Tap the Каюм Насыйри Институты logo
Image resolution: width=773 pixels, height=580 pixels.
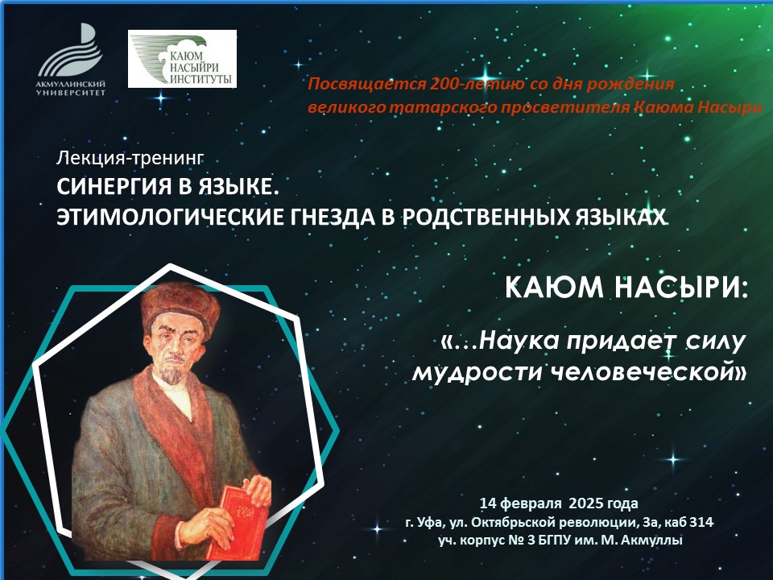(x=183, y=59)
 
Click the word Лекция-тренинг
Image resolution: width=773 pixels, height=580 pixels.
(x=130, y=158)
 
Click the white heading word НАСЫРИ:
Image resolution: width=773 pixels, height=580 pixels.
(x=682, y=288)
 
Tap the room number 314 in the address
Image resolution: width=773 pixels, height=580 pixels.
(x=701, y=522)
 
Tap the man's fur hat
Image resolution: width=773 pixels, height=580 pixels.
(x=180, y=309)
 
